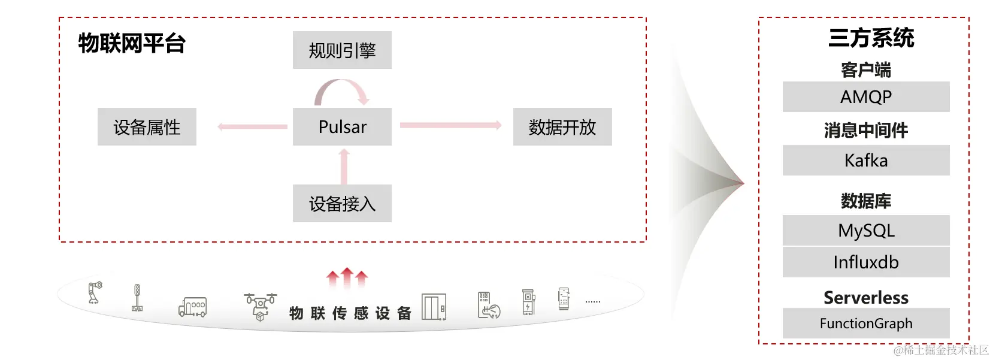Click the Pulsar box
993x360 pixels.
(342, 126)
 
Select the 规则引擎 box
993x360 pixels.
(342, 50)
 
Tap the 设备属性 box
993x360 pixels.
(147, 126)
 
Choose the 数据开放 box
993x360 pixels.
(562, 126)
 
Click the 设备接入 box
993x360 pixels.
(342, 204)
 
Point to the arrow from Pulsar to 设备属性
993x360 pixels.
(252, 126)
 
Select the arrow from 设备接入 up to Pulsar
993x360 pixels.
(344, 166)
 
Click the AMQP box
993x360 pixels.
(866, 96)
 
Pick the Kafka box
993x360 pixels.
(866, 160)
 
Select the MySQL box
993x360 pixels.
(866, 230)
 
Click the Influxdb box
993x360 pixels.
(866, 262)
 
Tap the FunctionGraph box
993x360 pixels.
(866, 323)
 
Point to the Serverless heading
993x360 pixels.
(866, 297)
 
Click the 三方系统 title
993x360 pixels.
(871, 38)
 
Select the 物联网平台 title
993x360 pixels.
(132, 43)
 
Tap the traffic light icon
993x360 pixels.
(137, 298)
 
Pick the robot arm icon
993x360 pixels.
(95, 292)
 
